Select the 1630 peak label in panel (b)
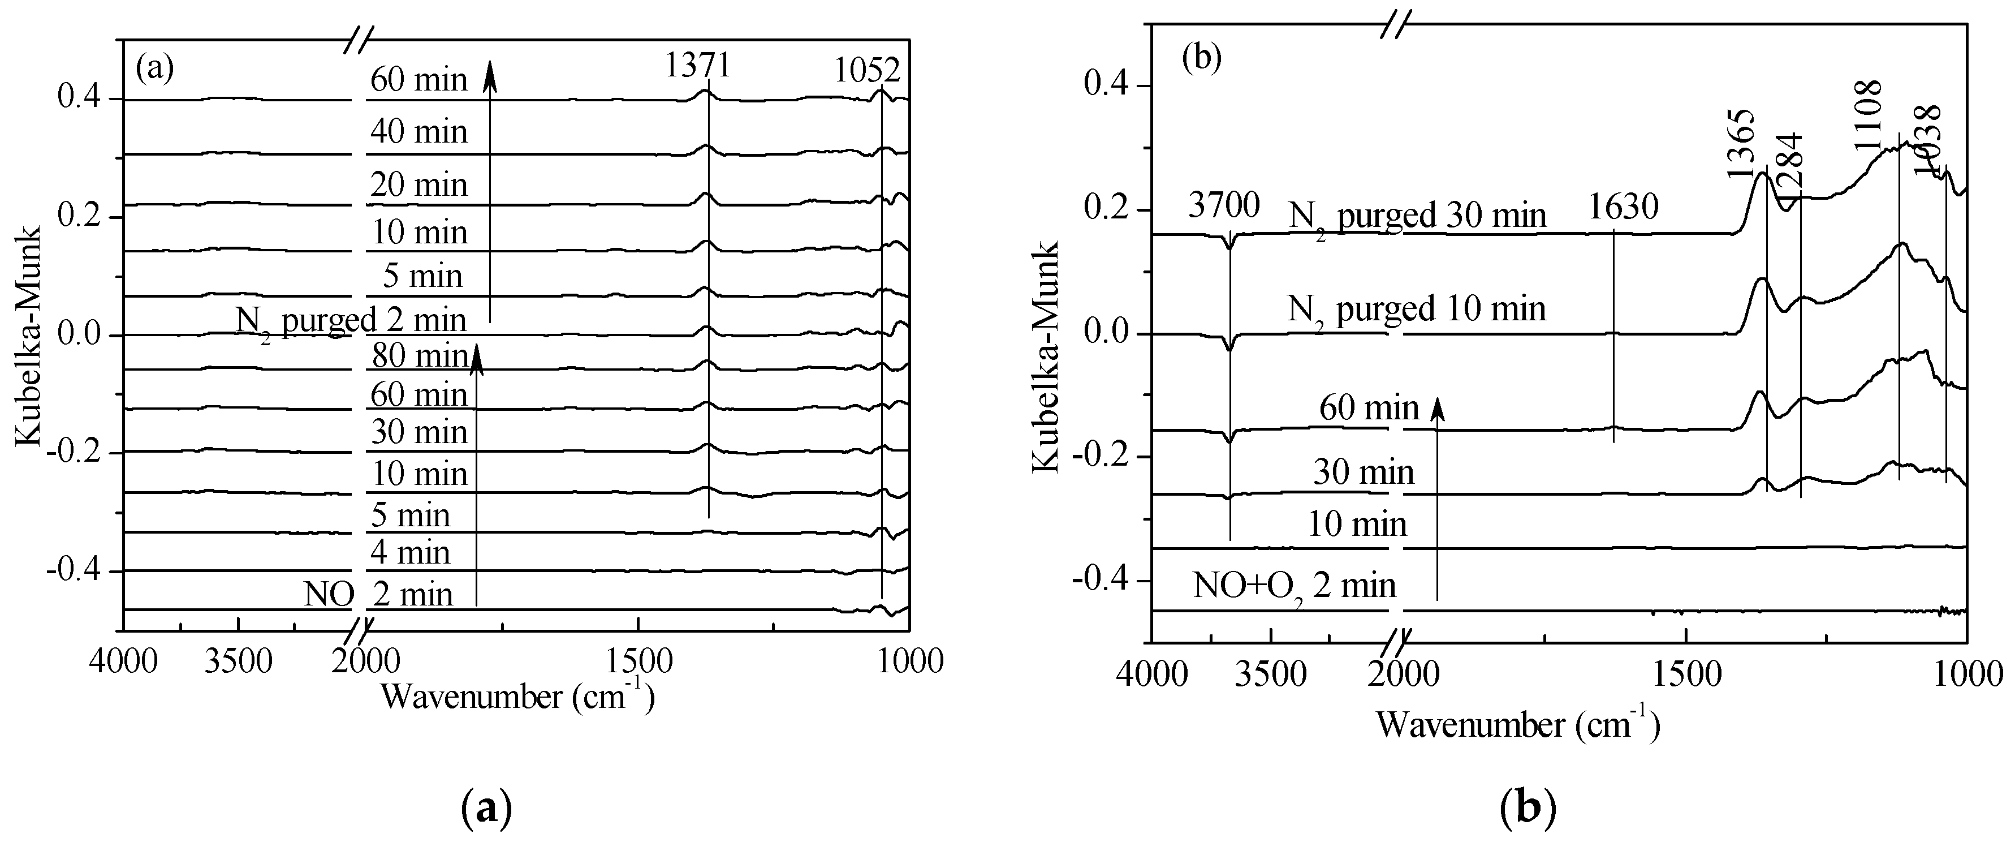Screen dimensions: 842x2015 coord(1623,208)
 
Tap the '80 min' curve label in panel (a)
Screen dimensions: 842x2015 coord(419,356)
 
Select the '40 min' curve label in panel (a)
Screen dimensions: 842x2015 coord(419,131)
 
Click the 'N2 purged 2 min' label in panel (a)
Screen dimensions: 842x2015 coord(351,321)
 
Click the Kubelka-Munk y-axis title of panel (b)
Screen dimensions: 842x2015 coord(1046,357)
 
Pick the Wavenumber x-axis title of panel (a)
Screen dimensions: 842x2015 coord(516,695)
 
